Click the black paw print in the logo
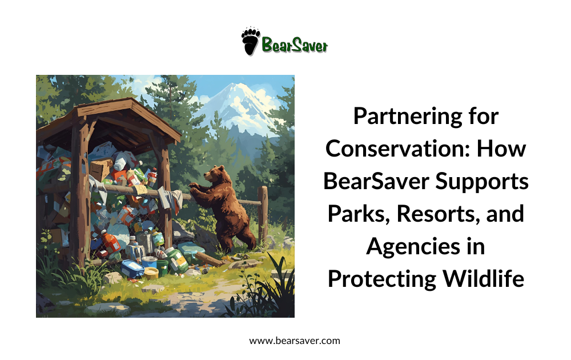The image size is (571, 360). click(x=250, y=42)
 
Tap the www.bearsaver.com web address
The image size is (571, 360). click(x=295, y=341)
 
